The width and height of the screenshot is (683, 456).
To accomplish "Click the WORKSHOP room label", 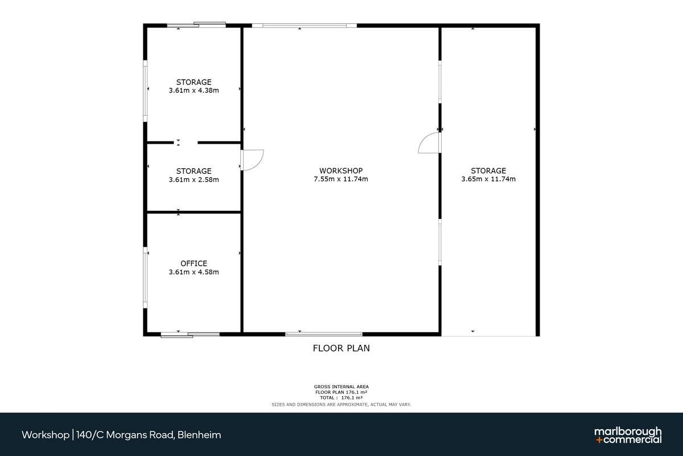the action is (x=341, y=171).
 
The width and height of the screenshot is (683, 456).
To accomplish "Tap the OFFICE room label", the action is (x=194, y=263).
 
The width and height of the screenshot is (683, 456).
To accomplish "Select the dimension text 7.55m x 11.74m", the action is (x=341, y=179).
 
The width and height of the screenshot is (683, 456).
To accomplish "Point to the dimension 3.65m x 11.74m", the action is (x=488, y=179).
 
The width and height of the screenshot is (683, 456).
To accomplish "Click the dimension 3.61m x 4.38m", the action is (x=194, y=91).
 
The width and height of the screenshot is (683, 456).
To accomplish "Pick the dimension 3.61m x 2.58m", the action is (x=194, y=180).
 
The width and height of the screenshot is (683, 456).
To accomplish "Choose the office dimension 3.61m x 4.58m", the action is (x=194, y=272).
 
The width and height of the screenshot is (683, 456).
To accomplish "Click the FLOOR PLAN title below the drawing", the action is (x=341, y=348).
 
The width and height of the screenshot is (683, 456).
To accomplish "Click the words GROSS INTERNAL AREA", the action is (x=341, y=386).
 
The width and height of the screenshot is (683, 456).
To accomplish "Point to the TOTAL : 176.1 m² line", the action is (x=341, y=398).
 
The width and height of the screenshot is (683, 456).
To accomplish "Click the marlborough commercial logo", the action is (x=628, y=435).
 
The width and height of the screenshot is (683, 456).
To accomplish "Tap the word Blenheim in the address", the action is (x=199, y=435).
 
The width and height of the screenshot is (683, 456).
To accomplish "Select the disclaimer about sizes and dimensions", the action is (x=341, y=404).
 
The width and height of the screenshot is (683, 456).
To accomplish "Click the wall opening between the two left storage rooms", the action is (x=186, y=142).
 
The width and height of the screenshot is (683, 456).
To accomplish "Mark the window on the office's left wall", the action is (x=146, y=278).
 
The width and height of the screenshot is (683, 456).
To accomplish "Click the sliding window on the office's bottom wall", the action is (x=190, y=335).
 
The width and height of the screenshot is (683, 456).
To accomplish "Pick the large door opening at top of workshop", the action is (x=305, y=26).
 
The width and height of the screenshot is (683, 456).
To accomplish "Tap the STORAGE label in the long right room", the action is (x=488, y=171).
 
